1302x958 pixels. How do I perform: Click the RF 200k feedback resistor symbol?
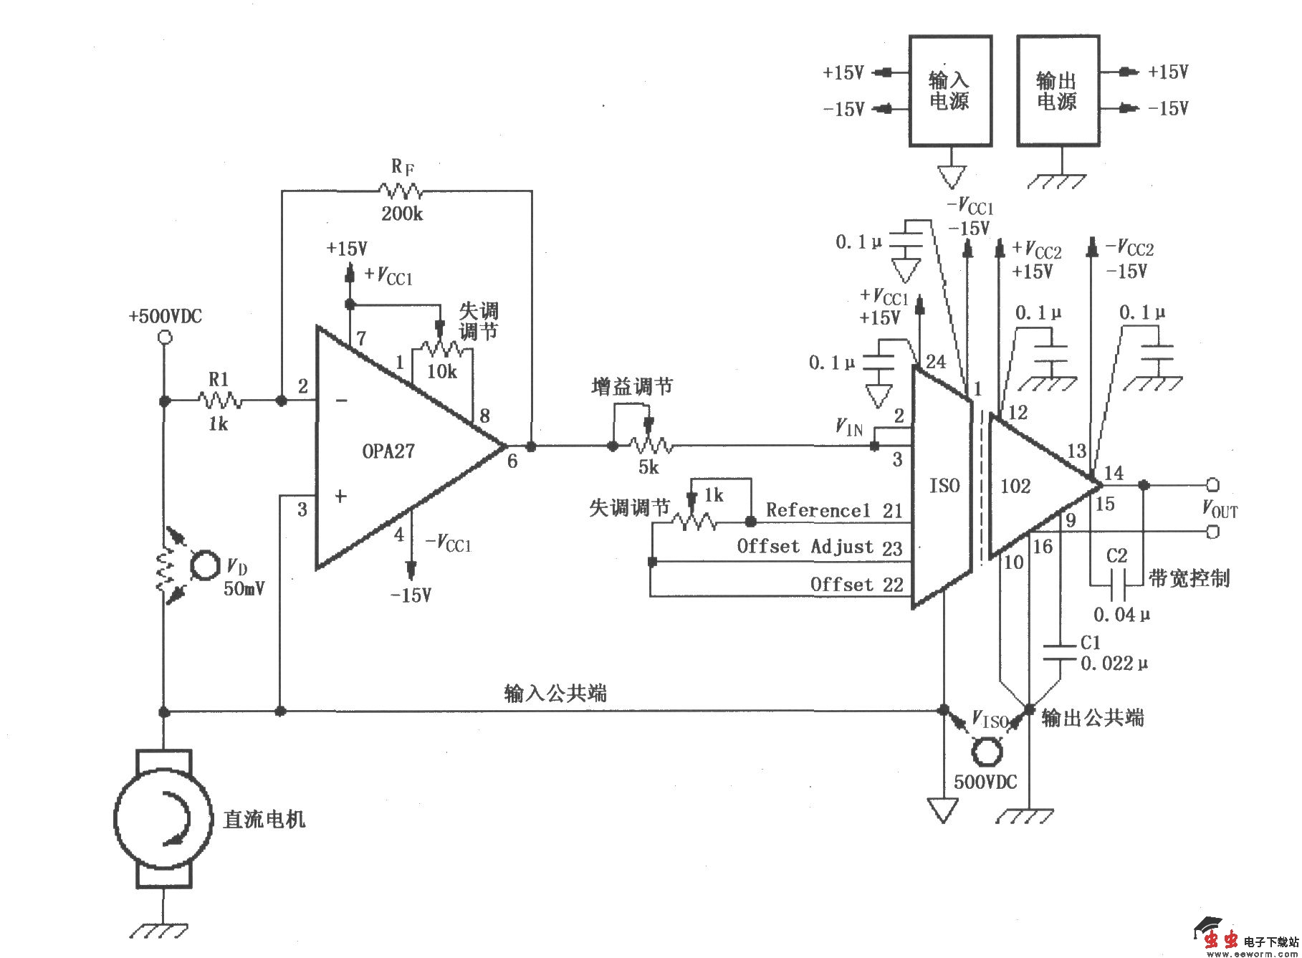[x=401, y=191]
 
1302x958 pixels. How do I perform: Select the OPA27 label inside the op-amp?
[x=388, y=451]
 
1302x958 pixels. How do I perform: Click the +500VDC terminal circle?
[x=164, y=338]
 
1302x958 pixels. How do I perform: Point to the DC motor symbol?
[x=164, y=818]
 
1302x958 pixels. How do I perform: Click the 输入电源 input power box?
[x=950, y=91]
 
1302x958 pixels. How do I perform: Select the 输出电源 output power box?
[x=1058, y=91]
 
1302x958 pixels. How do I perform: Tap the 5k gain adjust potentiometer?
[x=651, y=446]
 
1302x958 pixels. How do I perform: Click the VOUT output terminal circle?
[x=1212, y=485]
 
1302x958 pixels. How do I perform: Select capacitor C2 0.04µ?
[x=1116, y=585]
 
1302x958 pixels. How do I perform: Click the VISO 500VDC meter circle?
[x=986, y=752]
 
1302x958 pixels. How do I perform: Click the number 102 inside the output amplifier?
[x=1015, y=487]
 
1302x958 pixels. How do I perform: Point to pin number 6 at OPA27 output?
[x=512, y=461]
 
